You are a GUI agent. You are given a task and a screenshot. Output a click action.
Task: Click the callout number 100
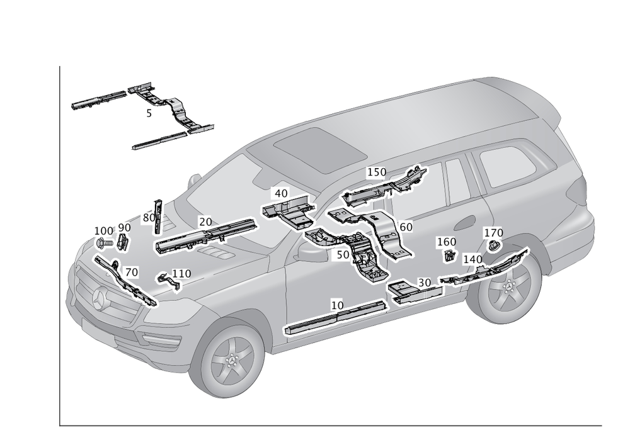[x=104, y=231]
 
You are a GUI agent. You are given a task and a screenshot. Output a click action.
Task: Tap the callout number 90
[x=125, y=227]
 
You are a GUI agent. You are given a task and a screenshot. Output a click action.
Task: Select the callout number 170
[x=493, y=233]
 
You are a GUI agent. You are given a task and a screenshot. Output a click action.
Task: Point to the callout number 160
[x=447, y=242]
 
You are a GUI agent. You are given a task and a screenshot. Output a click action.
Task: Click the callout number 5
[x=149, y=113]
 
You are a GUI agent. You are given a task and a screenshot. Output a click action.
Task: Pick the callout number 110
[x=181, y=274]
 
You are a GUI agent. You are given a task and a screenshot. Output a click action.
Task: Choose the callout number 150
[x=377, y=172]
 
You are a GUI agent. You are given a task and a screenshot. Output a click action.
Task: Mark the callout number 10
[x=338, y=305]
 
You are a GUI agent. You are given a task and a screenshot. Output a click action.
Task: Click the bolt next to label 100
[x=104, y=243]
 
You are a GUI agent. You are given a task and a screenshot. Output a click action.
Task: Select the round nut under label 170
[x=493, y=245]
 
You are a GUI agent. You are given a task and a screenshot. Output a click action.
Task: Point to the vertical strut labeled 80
[x=157, y=216]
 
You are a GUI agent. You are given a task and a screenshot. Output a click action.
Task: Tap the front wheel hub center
[x=232, y=363]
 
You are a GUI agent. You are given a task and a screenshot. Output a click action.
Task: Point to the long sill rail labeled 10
[x=336, y=317]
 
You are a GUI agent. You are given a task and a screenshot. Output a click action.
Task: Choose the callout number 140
[x=472, y=259]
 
